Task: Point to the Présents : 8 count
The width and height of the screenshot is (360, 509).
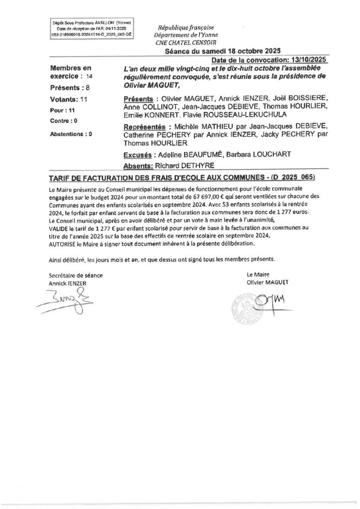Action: pos(70,87)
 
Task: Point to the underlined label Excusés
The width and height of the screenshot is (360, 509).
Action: pos(136,155)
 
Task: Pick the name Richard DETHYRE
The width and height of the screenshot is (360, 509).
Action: pos(178,165)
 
